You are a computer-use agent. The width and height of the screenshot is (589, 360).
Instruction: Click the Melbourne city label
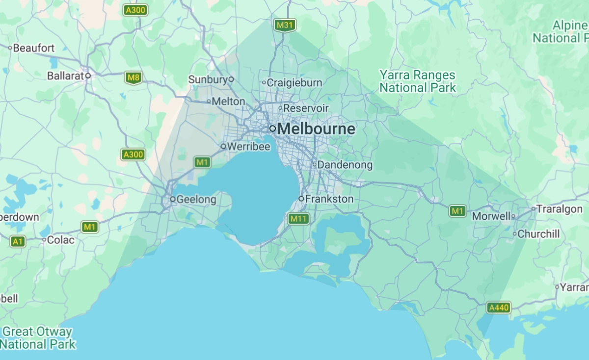coord(316,129)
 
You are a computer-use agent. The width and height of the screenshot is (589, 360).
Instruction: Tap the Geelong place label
coord(196,200)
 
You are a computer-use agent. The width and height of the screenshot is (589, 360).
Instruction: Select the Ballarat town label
coord(66,76)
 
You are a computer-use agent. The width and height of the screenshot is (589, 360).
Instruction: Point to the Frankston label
coord(329,199)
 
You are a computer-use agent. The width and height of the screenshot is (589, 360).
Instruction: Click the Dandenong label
coord(345,165)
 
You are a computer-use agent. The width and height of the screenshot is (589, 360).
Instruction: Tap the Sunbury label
coord(208,79)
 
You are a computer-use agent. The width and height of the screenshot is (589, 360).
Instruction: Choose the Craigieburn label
coord(294,83)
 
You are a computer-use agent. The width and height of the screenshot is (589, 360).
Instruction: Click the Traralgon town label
coord(559,209)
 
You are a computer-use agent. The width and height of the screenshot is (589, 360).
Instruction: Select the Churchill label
coord(538,234)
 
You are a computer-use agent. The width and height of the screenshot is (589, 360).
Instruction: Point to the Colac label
coord(61,240)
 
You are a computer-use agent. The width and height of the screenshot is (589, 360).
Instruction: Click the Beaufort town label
coord(33,48)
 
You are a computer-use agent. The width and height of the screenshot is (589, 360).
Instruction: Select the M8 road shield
coord(133,77)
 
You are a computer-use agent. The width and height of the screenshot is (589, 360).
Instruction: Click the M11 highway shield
coord(298,219)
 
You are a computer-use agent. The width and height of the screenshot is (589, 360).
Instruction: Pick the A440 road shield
coord(499,308)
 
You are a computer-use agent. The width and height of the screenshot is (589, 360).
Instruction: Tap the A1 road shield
coord(18,241)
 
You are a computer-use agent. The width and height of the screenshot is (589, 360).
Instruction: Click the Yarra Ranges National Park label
coord(418,82)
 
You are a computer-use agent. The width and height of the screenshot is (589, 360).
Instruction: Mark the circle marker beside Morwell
coord(513,216)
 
